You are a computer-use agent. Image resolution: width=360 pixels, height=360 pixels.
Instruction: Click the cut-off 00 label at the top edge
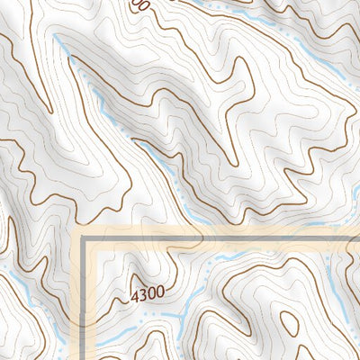click(x=138, y=4)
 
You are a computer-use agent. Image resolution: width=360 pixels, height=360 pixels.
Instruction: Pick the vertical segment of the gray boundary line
click(x=88, y=306)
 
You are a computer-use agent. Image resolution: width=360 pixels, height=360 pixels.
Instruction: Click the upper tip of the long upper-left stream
click(x=56, y=38)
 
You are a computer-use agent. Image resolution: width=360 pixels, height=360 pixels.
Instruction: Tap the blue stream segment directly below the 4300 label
click(x=153, y=315)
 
